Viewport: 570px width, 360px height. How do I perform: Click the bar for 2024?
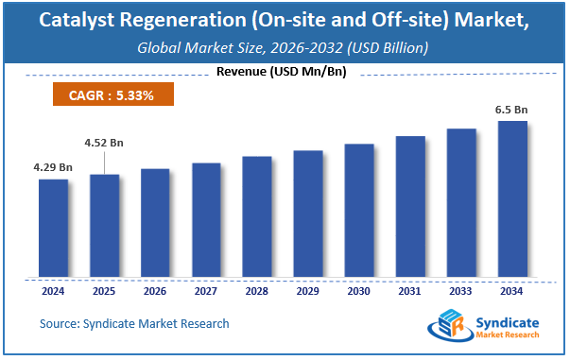(53, 229)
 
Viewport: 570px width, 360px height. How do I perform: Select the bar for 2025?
(104, 226)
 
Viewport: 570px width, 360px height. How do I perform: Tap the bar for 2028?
(257, 216)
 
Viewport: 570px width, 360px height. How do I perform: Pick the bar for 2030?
(359, 211)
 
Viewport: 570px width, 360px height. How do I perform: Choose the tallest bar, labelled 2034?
(512, 199)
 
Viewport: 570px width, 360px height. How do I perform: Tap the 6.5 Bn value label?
(511, 110)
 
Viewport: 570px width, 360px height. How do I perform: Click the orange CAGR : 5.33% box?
(111, 94)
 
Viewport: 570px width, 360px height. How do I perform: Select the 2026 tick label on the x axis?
(155, 292)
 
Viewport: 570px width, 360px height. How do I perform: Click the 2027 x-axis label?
(206, 292)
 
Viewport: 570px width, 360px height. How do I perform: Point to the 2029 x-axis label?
(308, 292)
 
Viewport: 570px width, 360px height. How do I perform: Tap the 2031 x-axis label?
(410, 292)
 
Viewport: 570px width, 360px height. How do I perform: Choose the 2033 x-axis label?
(461, 292)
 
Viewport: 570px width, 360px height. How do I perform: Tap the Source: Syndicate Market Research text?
(134, 324)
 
